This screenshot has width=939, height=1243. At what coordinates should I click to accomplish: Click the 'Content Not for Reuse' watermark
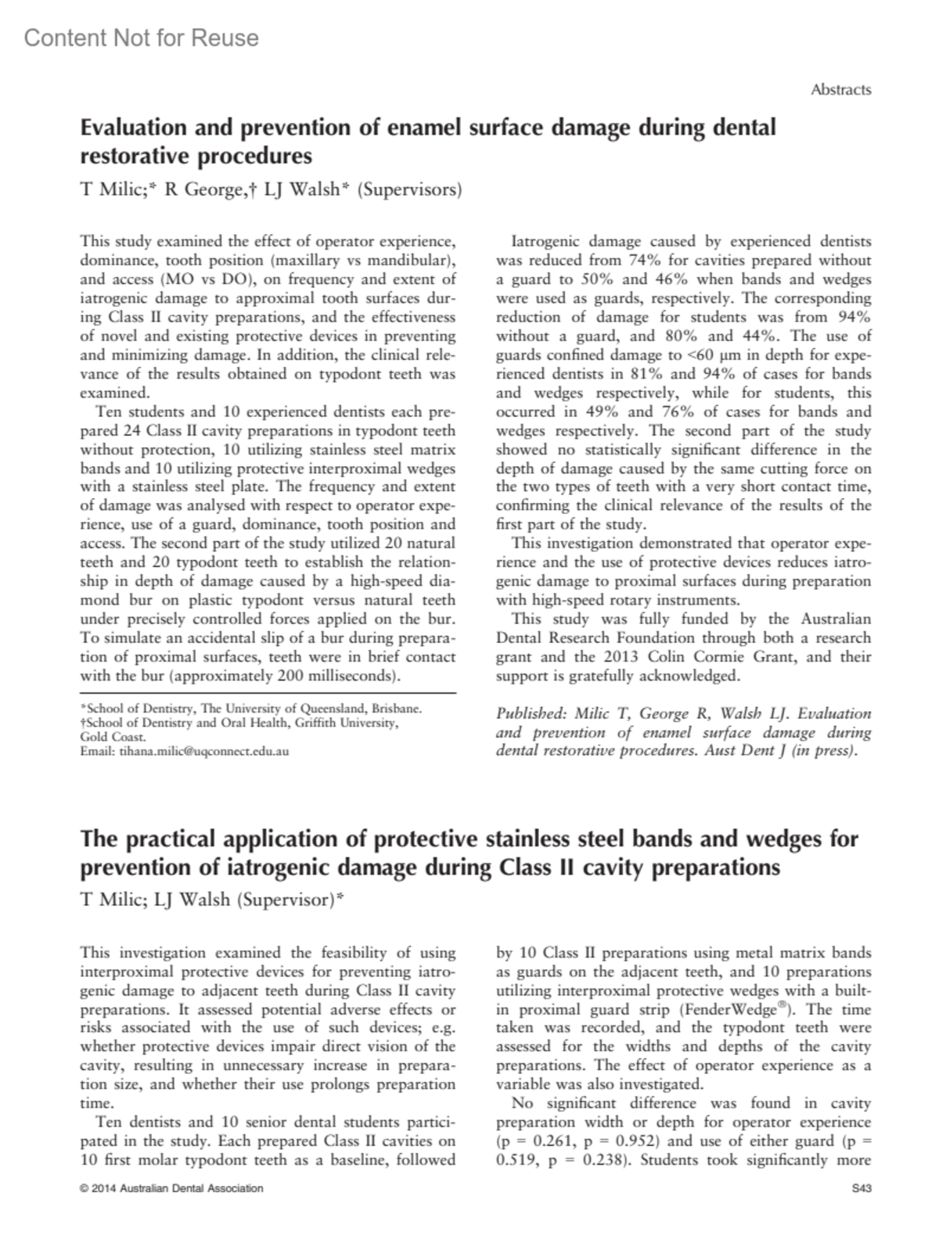point(142,38)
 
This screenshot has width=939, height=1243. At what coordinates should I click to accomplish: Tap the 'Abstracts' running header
point(840,90)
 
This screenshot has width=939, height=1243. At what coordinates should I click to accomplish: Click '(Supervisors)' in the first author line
point(409,189)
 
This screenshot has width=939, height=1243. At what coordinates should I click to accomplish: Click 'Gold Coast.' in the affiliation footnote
point(113,737)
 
